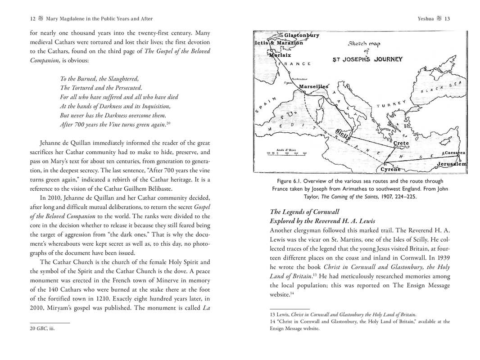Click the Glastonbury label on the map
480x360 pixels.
coord(301,35)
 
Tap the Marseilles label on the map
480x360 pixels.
coord(313,86)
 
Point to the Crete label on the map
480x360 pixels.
coord(401,143)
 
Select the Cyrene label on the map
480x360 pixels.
coord(390,169)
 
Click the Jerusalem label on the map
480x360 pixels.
coord(451,164)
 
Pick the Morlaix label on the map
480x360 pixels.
coord(280,54)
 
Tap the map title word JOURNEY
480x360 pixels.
coord(387,59)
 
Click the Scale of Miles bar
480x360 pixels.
coord(286,153)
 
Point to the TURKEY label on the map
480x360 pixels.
coord(391,104)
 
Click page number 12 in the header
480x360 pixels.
coord(32,19)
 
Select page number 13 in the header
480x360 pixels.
coord(447,19)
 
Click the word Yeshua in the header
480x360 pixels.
coord(426,19)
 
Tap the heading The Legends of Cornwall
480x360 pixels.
coord(304,211)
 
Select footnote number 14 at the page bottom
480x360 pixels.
coord(272,322)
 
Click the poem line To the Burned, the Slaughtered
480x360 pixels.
coord(100,78)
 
